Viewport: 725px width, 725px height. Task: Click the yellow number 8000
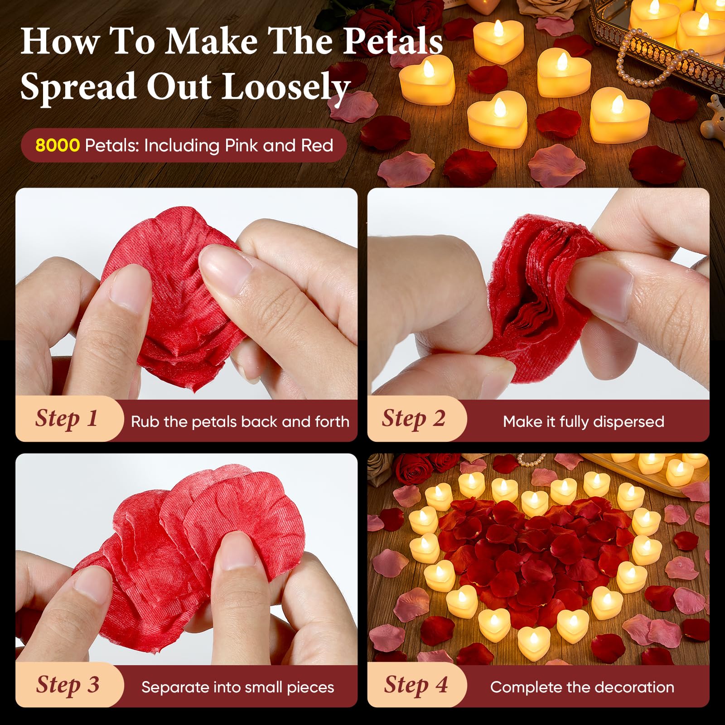tap(58, 145)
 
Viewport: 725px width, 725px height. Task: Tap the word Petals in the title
tap(392, 41)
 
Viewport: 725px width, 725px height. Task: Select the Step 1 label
tap(67, 418)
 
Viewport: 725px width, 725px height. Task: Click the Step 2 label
tap(413, 418)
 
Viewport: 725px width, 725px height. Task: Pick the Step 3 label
tap(68, 685)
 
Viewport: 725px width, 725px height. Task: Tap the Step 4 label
tap(416, 685)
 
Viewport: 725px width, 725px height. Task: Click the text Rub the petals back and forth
tap(240, 422)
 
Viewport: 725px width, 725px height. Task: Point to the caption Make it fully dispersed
tap(584, 422)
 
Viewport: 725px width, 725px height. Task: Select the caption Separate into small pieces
tap(238, 687)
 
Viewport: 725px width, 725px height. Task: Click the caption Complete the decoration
tap(582, 687)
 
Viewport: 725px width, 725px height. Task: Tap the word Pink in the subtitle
tap(242, 145)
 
